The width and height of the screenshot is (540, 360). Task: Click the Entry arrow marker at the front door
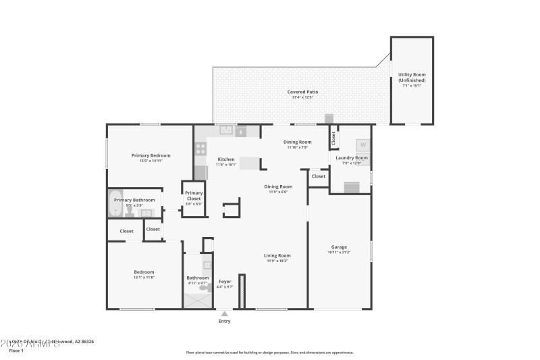(224, 313)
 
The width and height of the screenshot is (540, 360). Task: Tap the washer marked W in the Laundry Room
(362, 145)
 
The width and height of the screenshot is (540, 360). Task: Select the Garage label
(339, 247)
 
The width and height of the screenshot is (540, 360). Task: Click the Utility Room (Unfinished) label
(412, 77)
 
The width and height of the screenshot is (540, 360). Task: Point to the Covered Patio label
(302, 92)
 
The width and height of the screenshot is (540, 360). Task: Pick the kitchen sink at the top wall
(225, 130)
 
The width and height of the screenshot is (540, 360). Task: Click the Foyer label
(225, 281)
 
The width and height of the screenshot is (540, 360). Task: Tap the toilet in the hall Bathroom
(205, 288)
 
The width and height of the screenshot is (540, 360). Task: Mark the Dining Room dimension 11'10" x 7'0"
(297, 148)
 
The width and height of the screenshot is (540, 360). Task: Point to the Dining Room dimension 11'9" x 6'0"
(278, 192)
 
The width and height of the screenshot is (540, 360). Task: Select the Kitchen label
(225, 159)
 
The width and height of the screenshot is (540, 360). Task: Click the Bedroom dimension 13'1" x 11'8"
(144, 278)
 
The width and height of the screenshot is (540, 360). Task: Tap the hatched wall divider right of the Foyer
(242, 292)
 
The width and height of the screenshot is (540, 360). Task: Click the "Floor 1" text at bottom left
(16, 351)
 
